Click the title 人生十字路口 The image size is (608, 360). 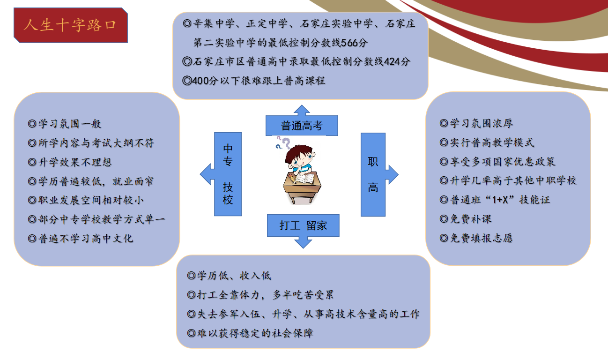[70, 25]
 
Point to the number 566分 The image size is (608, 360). [354, 43]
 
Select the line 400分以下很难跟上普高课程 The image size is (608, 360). [253, 81]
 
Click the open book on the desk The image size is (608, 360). [304, 178]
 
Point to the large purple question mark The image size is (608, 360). [287, 143]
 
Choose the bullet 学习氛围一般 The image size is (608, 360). [64, 124]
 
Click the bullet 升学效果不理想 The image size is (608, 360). [70, 162]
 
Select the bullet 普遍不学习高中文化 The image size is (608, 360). [81, 239]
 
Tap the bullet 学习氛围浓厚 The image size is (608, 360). [476, 123]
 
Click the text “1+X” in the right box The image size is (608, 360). [500, 200]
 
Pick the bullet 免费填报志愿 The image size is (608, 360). [476, 238]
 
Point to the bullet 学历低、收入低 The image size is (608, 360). [229, 276]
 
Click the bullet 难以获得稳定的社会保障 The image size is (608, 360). [250, 333]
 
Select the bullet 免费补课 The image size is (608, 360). [466, 219]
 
